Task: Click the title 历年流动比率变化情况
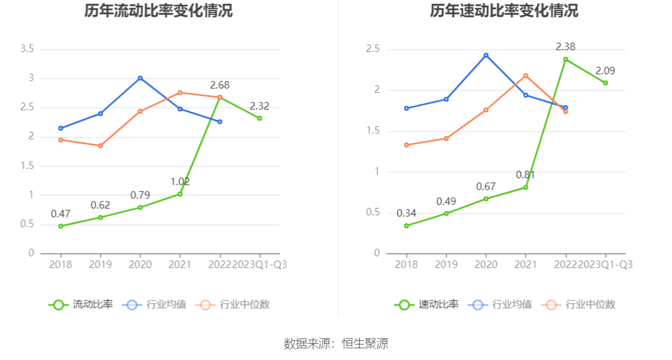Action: pyautogui.click(x=158, y=11)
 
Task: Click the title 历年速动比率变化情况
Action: pyautogui.click(x=504, y=11)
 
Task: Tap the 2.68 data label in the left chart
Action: pyautogui.click(x=220, y=85)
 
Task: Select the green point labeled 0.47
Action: pyautogui.click(x=61, y=226)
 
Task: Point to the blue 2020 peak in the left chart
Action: pyautogui.click(x=140, y=78)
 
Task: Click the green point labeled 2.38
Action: pyautogui.click(x=566, y=59)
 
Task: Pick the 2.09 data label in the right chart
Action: pyautogui.click(x=605, y=71)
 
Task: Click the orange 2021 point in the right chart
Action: pyautogui.click(x=526, y=76)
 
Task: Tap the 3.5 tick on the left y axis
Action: pyautogui.click(x=27, y=49)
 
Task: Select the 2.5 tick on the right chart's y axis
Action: pyautogui.click(x=373, y=49)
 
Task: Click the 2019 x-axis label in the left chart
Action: pyautogui.click(x=100, y=265)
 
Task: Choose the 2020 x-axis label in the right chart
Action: pyautogui.click(x=486, y=265)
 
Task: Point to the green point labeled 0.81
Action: pyautogui.click(x=526, y=187)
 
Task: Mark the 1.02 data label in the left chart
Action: pyautogui.click(x=180, y=182)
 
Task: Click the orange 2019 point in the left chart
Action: pyautogui.click(x=100, y=146)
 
